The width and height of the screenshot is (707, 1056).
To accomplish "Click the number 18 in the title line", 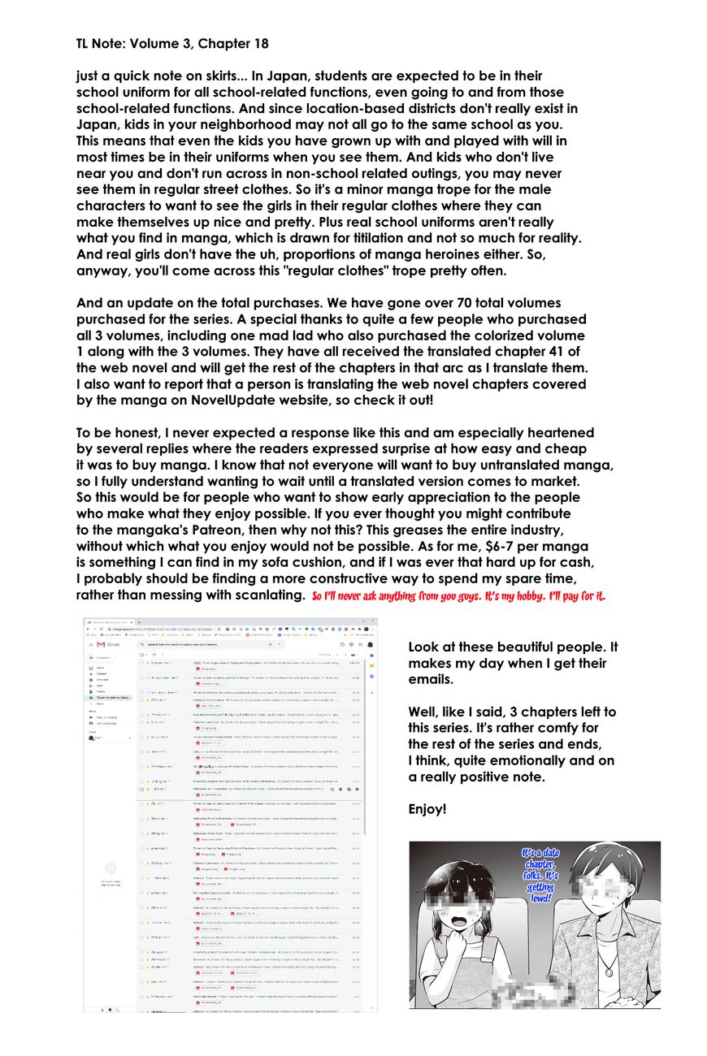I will click(x=258, y=43).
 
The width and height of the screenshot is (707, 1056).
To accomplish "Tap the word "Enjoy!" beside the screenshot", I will click(x=427, y=810).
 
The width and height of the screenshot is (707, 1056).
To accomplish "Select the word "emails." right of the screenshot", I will click(x=431, y=679).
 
